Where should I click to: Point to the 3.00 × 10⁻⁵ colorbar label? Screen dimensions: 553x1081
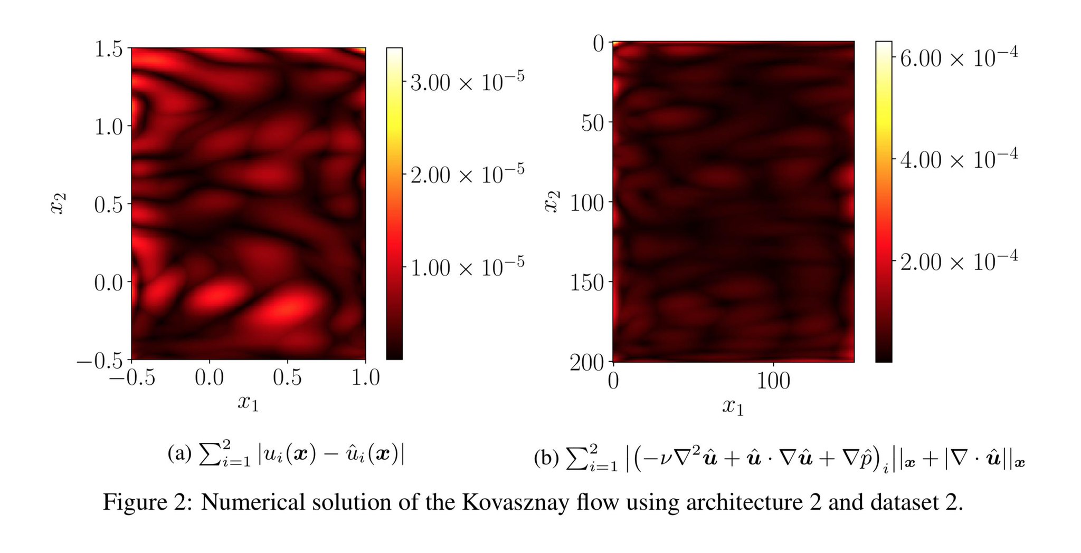(x=467, y=82)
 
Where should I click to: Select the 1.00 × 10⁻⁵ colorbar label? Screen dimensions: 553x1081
(x=467, y=267)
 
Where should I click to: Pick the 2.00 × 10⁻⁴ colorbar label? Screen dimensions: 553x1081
(x=959, y=261)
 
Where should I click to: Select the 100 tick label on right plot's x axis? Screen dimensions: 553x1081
(x=773, y=381)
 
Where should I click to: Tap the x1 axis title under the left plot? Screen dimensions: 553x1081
(x=248, y=403)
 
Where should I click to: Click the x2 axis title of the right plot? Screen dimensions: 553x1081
(x=552, y=202)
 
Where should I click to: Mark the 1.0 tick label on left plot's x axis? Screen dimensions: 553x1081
(x=365, y=377)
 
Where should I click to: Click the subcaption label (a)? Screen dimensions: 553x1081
(x=179, y=453)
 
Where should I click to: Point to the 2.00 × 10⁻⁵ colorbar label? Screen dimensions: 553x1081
(x=467, y=174)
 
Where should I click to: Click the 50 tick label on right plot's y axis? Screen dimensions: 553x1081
(x=593, y=123)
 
